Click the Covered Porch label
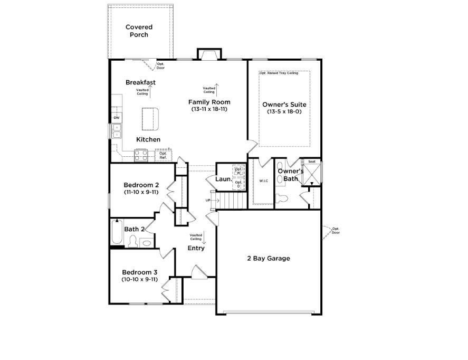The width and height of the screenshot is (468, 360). pyautogui.click(x=139, y=31)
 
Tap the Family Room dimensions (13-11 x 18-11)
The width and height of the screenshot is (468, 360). pyautogui.click(x=209, y=109)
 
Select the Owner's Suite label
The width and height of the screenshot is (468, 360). pyautogui.click(x=284, y=105)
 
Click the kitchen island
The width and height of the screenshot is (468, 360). pyautogui.click(x=150, y=119)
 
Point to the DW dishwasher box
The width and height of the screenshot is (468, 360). pyautogui.click(x=117, y=118)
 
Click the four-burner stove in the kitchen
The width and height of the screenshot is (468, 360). pyautogui.click(x=141, y=155)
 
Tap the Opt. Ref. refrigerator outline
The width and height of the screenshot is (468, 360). pyautogui.click(x=163, y=155)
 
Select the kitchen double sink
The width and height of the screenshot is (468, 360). pyautogui.click(x=117, y=131)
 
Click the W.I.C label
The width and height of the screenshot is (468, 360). pyautogui.click(x=264, y=181)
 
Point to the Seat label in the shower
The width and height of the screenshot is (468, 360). pyautogui.click(x=312, y=162)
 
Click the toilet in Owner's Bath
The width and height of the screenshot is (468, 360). pyautogui.click(x=281, y=198)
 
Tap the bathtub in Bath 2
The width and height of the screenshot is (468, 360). pyautogui.click(x=117, y=232)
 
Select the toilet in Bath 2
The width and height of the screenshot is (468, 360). pyautogui.click(x=132, y=241)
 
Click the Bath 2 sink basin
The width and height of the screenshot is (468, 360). pyautogui.click(x=147, y=243)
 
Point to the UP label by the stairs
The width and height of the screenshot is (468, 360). pyautogui.click(x=208, y=200)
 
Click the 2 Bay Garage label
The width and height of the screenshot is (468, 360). pyautogui.click(x=269, y=259)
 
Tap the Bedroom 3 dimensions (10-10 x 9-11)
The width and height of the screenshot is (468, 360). pyautogui.click(x=140, y=280)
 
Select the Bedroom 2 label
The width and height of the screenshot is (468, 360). pyautogui.click(x=141, y=185)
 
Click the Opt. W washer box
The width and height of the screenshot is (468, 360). pyautogui.click(x=238, y=171)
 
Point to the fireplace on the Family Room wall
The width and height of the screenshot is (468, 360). pyautogui.click(x=209, y=54)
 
